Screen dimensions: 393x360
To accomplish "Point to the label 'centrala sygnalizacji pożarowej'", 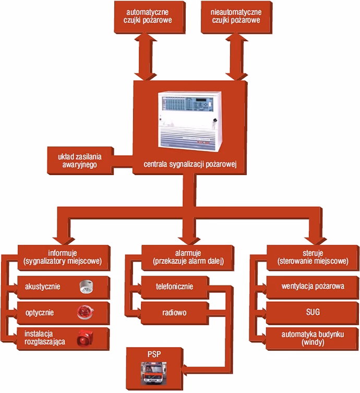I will (191, 166).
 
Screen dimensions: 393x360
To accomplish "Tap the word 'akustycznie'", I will (43, 287).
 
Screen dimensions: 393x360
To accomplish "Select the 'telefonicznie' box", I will (175, 287).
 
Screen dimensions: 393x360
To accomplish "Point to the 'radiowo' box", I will (175, 313).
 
